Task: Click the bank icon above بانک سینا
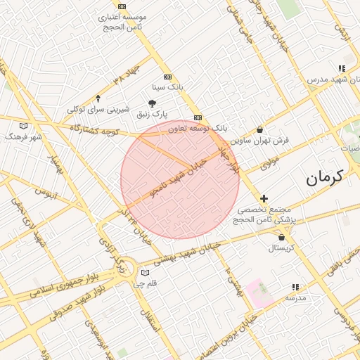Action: coord(167,77)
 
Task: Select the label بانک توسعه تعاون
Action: coord(201,129)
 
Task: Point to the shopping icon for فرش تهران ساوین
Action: coord(260,129)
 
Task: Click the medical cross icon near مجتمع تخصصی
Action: coord(264,199)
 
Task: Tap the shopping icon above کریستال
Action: coord(281,238)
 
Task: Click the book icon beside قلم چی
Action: coord(146,272)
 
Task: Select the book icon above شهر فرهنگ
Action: coord(25,126)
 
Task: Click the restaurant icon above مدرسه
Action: coord(295,288)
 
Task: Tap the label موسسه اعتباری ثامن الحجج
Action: coord(121,21)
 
